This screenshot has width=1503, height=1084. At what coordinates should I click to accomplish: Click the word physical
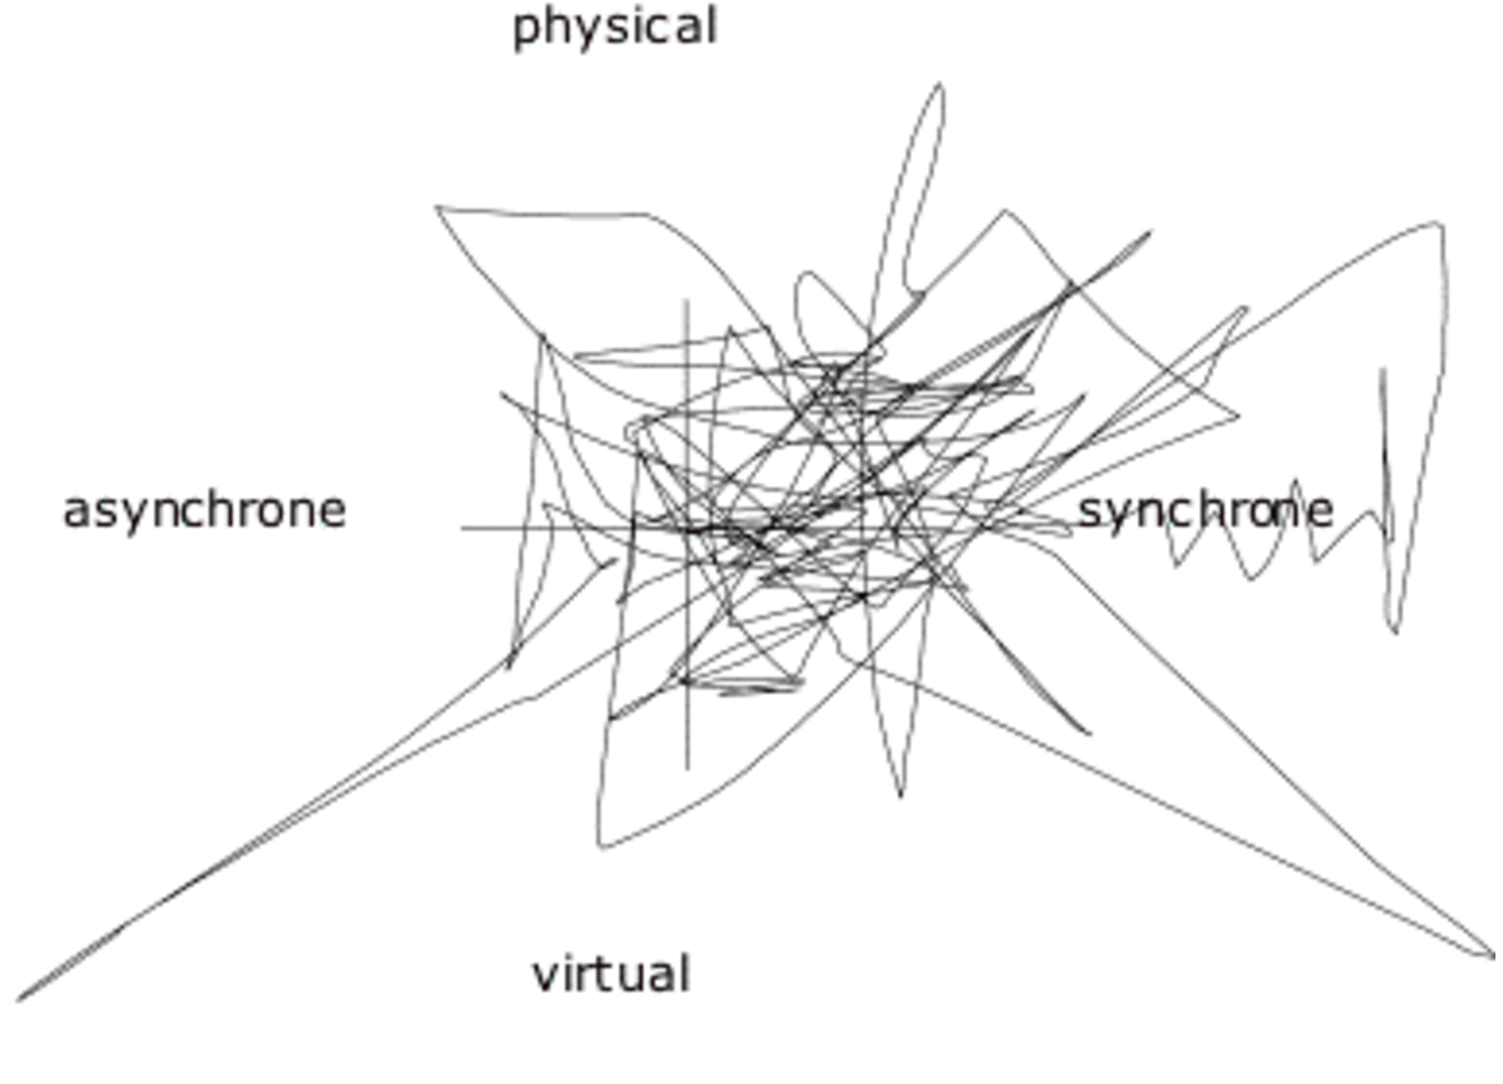coord(615,29)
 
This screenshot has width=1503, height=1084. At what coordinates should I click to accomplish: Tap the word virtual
coord(611,974)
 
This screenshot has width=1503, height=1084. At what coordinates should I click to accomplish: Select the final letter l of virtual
coord(684,972)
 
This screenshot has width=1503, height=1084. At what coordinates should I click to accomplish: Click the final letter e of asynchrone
coord(332,513)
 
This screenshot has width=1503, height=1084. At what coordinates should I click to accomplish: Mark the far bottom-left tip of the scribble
coord(18,1000)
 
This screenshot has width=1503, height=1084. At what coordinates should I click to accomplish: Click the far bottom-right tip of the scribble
coord(1493,956)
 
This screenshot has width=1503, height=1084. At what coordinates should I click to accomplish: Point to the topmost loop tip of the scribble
coord(939,85)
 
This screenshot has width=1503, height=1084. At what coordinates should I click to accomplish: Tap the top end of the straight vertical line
coord(685,300)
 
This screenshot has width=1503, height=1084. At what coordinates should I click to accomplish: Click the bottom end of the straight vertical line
coord(687,768)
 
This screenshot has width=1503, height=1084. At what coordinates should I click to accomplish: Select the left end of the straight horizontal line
coord(462,528)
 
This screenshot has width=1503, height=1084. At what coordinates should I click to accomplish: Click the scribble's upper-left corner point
coord(437,207)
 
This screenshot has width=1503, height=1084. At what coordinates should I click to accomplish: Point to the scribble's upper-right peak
coord(1440,223)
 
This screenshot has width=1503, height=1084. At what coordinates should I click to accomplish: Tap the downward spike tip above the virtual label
coord(900,796)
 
